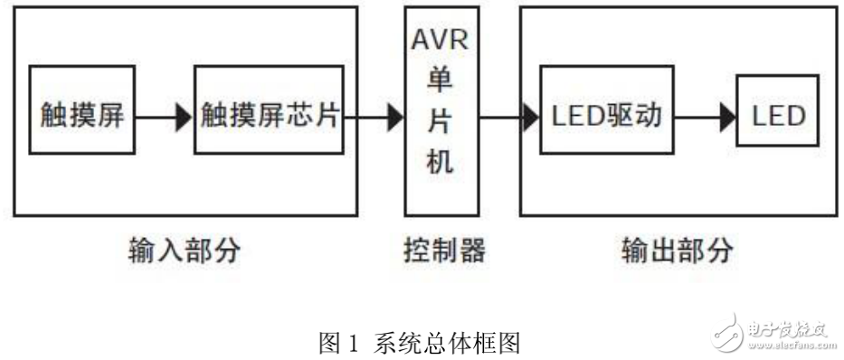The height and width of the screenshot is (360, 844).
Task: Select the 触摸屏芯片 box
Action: [x=270, y=115]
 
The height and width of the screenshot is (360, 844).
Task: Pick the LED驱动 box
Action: [x=605, y=115]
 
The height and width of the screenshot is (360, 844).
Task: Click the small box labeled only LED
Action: [x=778, y=115]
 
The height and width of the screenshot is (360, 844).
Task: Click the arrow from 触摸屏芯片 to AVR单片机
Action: [x=375, y=115]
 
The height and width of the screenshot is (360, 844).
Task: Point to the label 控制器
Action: [x=441, y=250]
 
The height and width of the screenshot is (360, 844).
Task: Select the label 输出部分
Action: [x=678, y=250]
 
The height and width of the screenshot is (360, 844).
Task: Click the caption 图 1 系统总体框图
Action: [x=421, y=343]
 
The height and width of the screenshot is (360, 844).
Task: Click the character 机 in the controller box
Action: [x=441, y=163]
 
